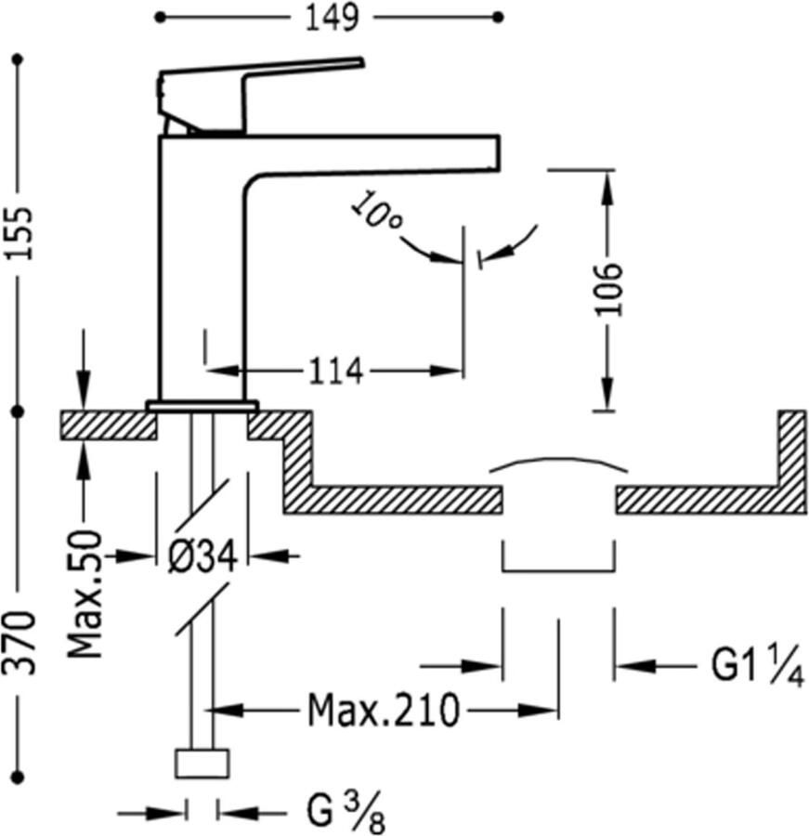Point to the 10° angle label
pos(377,213)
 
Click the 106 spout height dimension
pos(607,289)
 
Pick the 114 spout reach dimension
pos(334,372)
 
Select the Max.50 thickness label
pos(85,594)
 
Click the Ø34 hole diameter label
pos(202,556)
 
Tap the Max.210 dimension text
pos(384,712)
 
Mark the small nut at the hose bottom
pos(202,763)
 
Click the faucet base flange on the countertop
pos(202,406)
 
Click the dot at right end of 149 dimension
pos(500,17)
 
